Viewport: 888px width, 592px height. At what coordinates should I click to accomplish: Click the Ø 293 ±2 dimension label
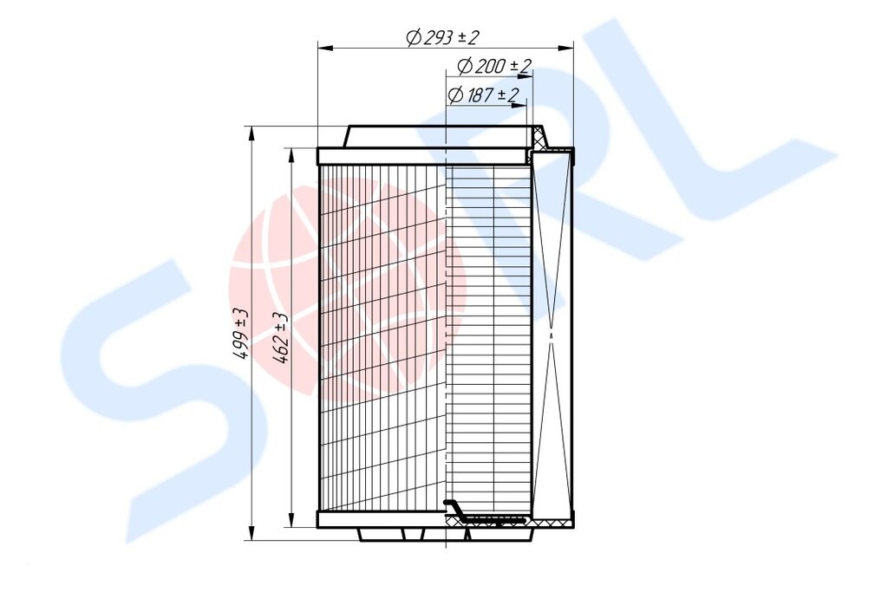tap(443, 37)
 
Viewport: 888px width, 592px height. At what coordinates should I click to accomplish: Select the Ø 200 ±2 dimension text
tap(493, 66)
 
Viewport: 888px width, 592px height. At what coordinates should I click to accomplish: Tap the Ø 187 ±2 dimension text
tap(483, 95)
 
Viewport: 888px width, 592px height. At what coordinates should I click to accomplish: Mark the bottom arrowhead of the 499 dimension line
tap(251, 534)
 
